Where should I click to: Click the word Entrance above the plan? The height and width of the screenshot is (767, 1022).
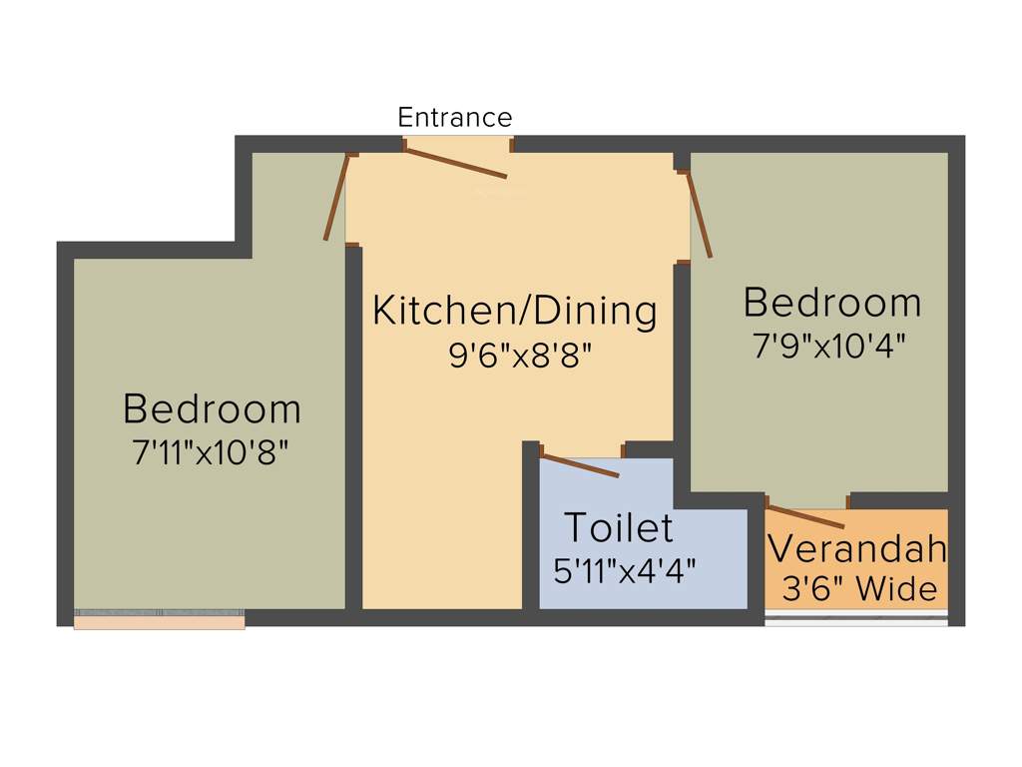click(x=454, y=117)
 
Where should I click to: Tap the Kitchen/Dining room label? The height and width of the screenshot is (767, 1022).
click(x=515, y=311)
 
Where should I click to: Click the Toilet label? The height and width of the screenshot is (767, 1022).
click(x=619, y=526)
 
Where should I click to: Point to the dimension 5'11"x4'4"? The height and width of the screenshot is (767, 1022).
click(x=625, y=570)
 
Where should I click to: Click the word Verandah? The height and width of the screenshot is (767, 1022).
click(x=856, y=548)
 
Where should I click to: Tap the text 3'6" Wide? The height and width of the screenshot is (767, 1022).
click(x=859, y=588)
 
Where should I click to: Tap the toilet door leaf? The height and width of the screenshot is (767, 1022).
click(x=579, y=466)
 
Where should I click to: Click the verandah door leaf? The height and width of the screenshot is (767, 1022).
click(x=805, y=515)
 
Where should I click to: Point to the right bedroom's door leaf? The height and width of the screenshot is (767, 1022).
click(x=699, y=215)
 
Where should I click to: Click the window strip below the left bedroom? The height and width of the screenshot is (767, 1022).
click(x=160, y=621)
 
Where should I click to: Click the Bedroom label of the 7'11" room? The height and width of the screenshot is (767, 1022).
click(x=212, y=408)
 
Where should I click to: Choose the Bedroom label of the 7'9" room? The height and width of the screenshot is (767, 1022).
click(x=832, y=302)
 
